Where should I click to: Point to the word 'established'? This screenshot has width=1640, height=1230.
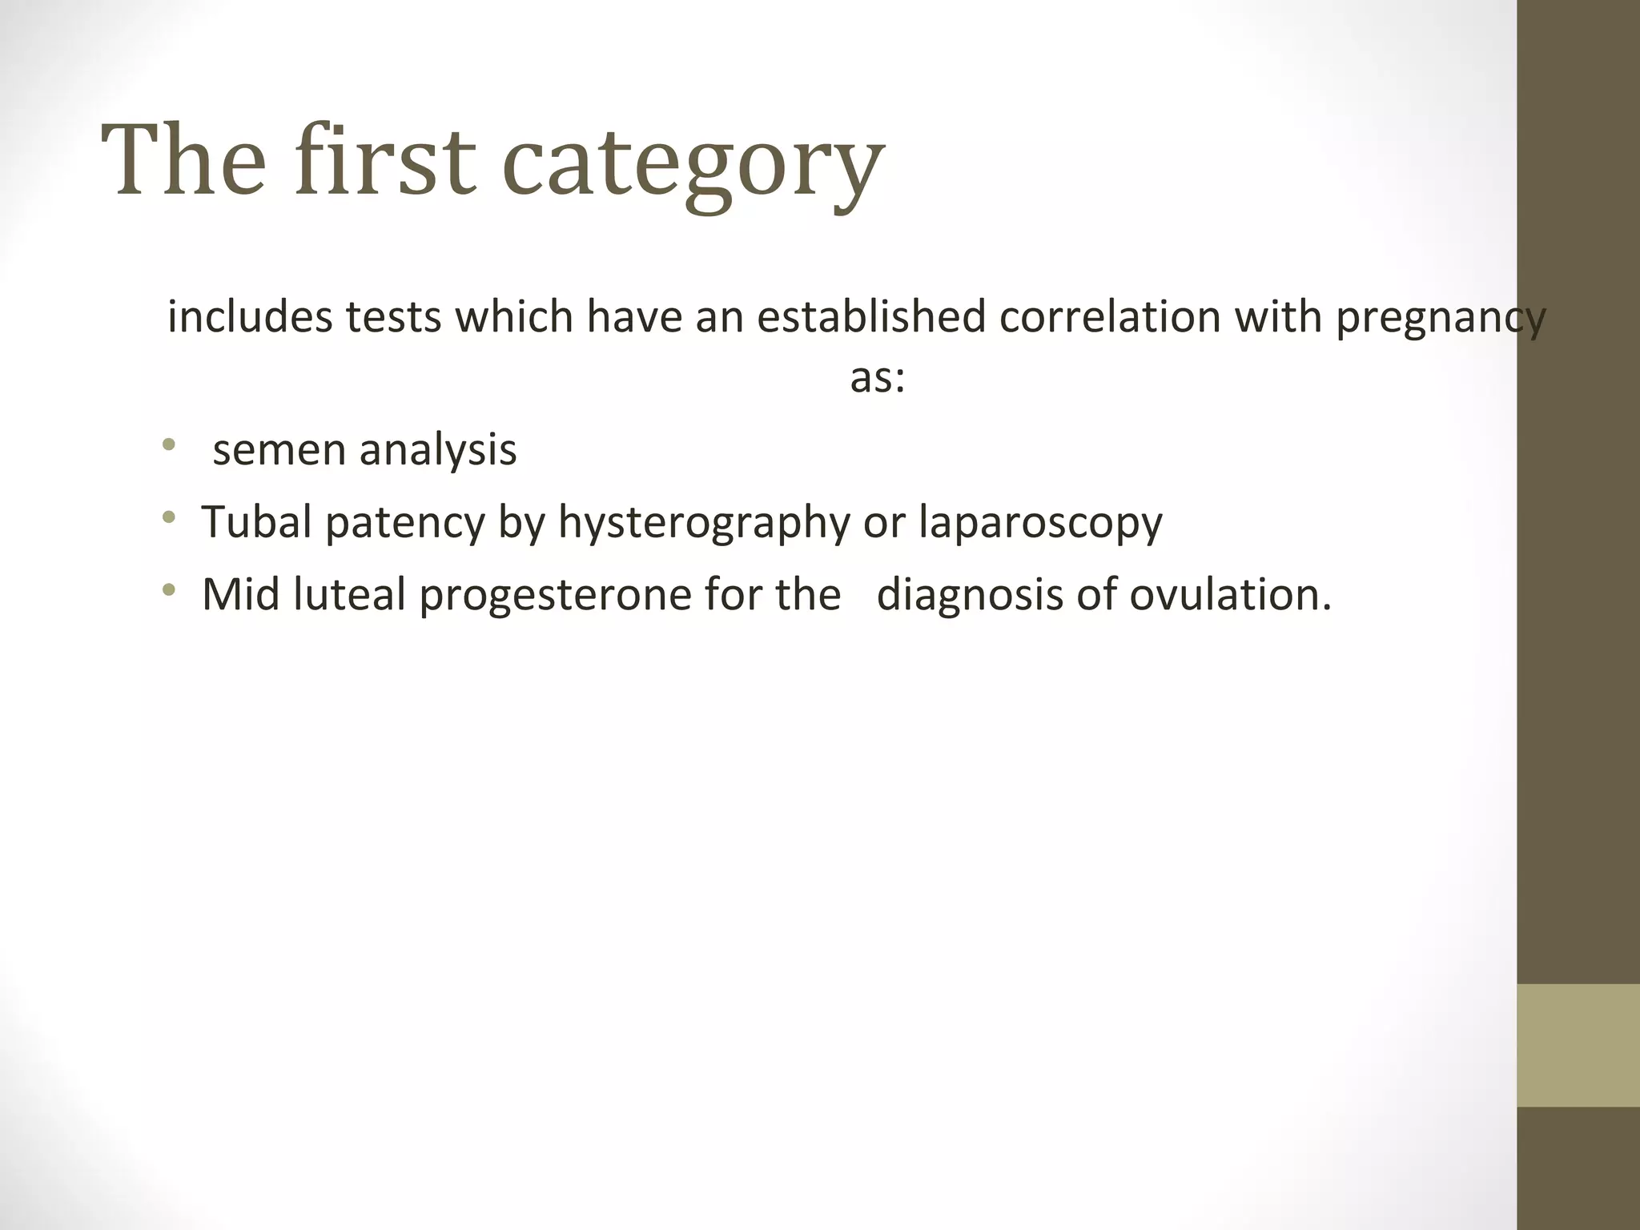click(x=871, y=316)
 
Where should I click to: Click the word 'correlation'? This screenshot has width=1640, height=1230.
click(x=1110, y=316)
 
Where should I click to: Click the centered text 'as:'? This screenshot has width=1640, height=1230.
click(x=877, y=377)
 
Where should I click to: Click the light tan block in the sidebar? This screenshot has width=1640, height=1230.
click(x=1578, y=1046)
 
